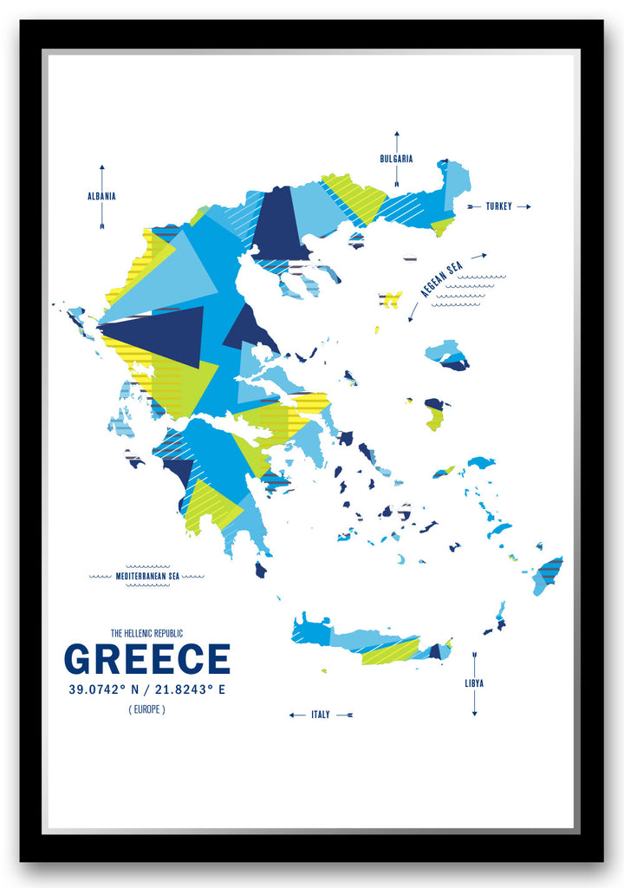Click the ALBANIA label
click(101, 196)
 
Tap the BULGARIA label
click(396, 159)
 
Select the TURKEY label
click(498, 206)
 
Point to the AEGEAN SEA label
click(442, 277)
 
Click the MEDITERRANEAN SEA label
click(146, 575)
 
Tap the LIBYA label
click(474, 683)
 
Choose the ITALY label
click(321, 715)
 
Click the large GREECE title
click(147, 660)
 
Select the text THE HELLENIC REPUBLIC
click(146, 633)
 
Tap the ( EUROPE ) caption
click(146, 709)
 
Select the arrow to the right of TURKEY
click(523, 206)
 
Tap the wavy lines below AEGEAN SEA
click(468, 291)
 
